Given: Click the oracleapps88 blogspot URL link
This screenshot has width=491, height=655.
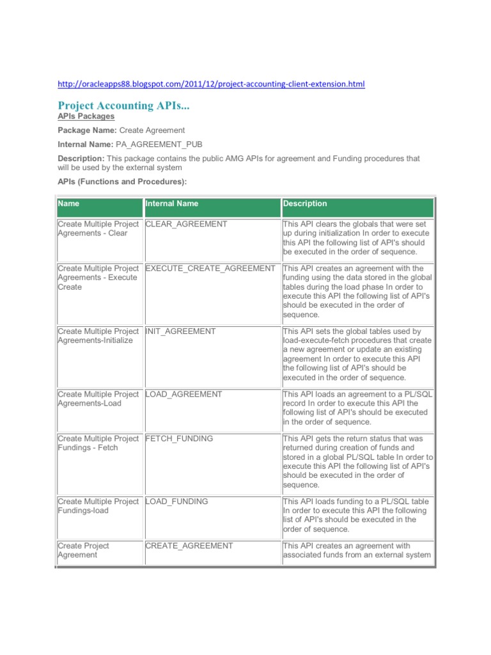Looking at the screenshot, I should pos(211,84).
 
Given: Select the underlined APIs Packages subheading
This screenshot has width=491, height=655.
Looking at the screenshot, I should pos(86,116).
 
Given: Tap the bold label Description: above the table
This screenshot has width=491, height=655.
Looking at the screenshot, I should pos(81,158).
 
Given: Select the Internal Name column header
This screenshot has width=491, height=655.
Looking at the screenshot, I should pos(172,204).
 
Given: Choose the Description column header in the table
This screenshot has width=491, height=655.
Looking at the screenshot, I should pos(305,204).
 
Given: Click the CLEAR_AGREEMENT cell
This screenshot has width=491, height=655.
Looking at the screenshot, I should pos(186,225).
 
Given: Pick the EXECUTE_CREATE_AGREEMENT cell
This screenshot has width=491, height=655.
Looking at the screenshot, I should pos(210,269).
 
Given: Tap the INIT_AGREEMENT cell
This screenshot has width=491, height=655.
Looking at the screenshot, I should pos(181,331).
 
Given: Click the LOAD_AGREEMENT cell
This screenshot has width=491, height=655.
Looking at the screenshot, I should pos(184,395).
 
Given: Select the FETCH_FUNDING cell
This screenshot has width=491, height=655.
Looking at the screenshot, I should pos(180,439).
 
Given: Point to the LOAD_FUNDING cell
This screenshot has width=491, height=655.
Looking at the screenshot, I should pos(177,501).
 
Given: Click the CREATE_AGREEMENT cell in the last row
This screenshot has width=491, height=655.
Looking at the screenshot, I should pos(189,546).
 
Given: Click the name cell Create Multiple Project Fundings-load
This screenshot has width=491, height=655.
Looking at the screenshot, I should pos(98,506).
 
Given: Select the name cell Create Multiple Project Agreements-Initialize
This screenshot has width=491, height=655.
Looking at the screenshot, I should pos(98,336).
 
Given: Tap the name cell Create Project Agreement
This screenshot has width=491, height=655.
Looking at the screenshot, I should pos(83,550).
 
